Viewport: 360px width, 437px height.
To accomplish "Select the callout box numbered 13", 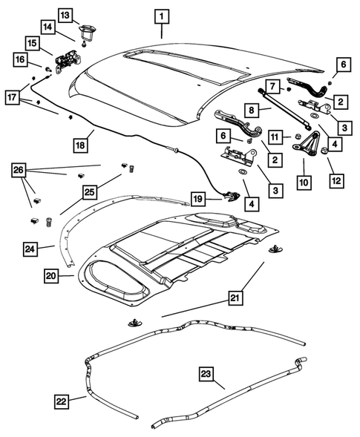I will click(65, 16).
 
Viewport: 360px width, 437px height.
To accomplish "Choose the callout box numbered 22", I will click(63, 401).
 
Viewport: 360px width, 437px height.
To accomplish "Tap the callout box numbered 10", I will click(304, 180).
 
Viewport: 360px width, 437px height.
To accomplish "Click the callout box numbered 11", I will click(275, 137).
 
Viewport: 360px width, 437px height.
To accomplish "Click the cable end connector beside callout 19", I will click(231, 197).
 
